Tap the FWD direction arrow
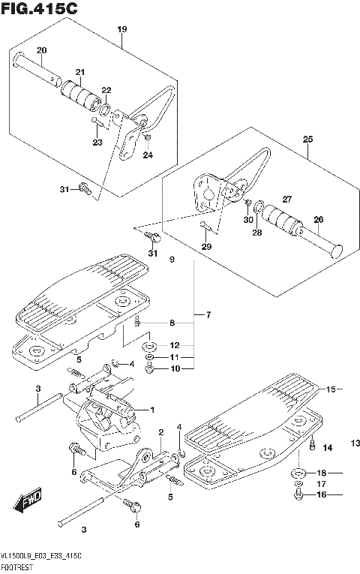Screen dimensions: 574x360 coord(28,501)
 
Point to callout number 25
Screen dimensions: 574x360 coord(307,139)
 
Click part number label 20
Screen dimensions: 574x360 coord(42,50)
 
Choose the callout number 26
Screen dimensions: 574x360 coord(319,219)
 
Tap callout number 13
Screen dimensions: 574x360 coord(354,443)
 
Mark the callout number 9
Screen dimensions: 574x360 coord(171,260)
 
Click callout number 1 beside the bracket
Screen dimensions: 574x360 coord(151,410)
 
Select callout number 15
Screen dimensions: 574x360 coord(331,389)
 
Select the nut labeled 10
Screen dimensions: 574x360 coord(151,369)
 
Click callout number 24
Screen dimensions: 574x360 coord(147,155)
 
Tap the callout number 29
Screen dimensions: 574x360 coord(205,246)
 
